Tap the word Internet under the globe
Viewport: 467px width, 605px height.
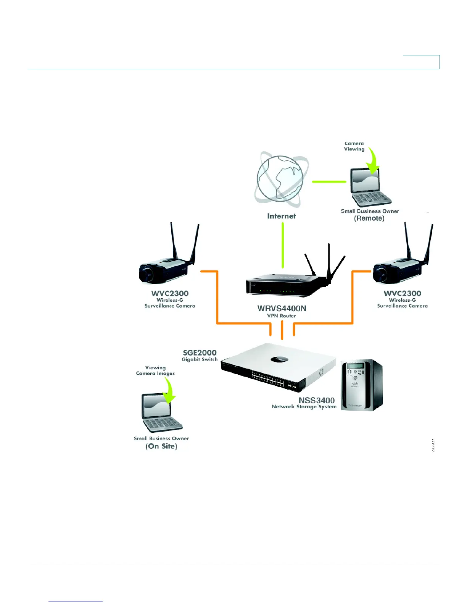pyautogui.click(x=282, y=216)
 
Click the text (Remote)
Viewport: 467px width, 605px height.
pyautogui.click(x=369, y=218)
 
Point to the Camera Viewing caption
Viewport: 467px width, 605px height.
pyautogui.click(x=354, y=146)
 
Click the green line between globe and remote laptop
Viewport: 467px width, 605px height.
pyautogui.click(x=329, y=182)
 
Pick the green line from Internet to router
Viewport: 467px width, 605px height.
pyautogui.click(x=283, y=245)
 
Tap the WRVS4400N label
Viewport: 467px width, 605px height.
pyautogui.click(x=282, y=309)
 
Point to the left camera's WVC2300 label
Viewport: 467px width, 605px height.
pyautogui.click(x=170, y=294)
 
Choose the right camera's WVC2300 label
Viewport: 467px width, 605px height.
pyautogui.click(x=403, y=294)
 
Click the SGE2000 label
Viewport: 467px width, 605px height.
pyautogui.click(x=200, y=353)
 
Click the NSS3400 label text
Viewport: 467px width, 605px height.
pyautogui.click(x=316, y=400)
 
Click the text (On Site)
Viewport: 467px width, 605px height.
pyautogui.click(x=161, y=446)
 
